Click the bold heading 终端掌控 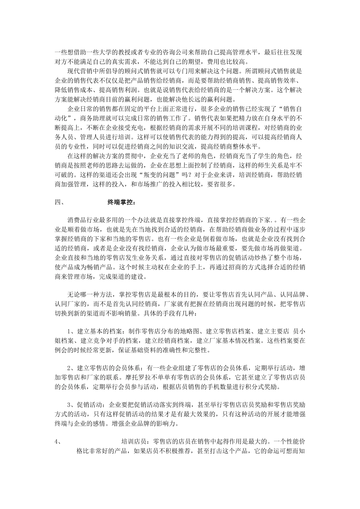pos(119,201)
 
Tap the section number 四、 pos(59,201)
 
